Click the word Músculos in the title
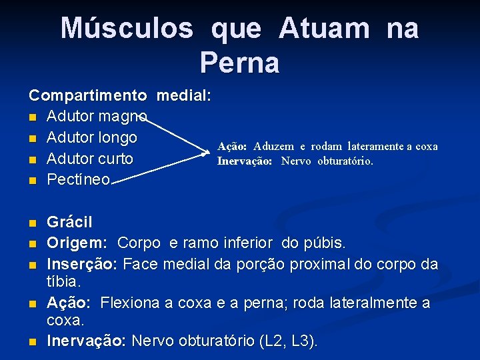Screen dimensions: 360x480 127,29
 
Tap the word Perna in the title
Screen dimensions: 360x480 239,63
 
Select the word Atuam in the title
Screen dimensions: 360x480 324,29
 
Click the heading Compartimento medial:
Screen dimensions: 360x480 120,95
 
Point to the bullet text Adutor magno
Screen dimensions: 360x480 97,117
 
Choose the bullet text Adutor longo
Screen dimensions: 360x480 92,138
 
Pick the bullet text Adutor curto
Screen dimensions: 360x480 90,159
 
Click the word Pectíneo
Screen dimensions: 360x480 79,180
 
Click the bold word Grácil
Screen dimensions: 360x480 69,222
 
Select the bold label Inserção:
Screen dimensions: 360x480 82,264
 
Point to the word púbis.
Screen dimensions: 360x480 331,243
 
